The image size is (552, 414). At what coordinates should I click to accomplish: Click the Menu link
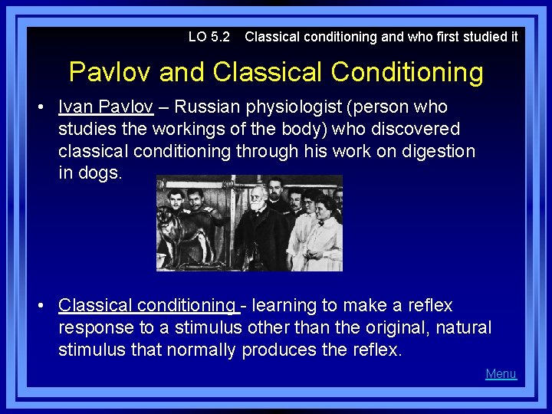click(501, 374)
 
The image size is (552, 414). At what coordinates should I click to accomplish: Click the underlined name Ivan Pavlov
click(105, 107)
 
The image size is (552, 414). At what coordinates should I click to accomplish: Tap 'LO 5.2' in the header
click(209, 36)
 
